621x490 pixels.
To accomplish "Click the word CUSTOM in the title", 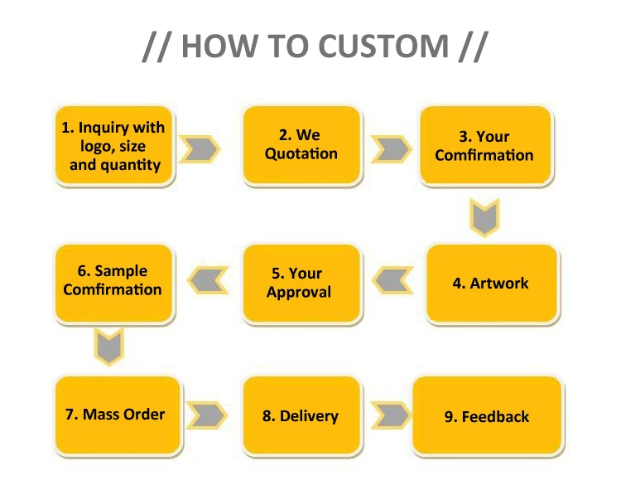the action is [x=383, y=46].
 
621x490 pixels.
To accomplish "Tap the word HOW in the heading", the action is [x=219, y=46].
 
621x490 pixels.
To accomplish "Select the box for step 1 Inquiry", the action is [x=114, y=145].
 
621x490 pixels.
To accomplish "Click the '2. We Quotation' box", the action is [x=301, y=145].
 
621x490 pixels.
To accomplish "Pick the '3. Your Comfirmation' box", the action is [x=485, y=145].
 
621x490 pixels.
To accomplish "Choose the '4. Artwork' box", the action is [x=492, y=284].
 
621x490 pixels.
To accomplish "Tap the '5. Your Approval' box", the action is [x=301, y=284].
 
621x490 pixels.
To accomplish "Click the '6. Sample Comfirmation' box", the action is [x=114, y=284].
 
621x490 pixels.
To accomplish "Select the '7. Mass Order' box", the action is [x=118, y=415].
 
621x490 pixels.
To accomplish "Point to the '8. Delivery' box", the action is [x=301, y=415].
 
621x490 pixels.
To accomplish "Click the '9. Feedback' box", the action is [x=488, y=415].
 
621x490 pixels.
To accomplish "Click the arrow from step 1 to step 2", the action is [x=200, y=149].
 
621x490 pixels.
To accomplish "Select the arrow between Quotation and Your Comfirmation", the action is [x=392, y=149].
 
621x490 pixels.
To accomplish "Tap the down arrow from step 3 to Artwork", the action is [x=484, y=218].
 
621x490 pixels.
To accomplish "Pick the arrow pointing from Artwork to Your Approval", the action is [x=392, y=280].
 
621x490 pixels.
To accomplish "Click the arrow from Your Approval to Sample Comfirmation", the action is [x=208, y=280].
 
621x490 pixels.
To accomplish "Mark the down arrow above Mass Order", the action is [x=109, y=346].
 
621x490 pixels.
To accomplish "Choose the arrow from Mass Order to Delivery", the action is [x=207, y=415].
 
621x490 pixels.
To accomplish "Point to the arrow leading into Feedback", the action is [x=392, y=415].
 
